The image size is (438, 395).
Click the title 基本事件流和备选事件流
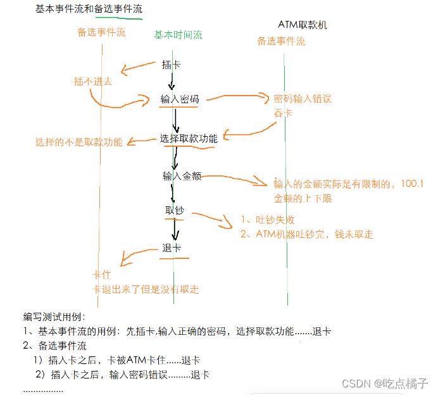tap(89, 9)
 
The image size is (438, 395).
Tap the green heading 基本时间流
tap(178, 35)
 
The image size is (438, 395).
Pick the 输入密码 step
tap(180, 99)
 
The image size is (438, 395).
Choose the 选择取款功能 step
tap(189, 139)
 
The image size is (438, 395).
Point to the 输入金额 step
tap(182, 177)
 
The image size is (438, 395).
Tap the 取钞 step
tap(174, 210)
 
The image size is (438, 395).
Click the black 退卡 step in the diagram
tap(172, 248)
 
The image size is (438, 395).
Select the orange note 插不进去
tap(93, 81)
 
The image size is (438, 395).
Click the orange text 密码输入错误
tap(302, 99)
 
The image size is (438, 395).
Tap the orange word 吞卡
tap(282, 113)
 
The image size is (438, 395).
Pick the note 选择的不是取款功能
tap(78, 142)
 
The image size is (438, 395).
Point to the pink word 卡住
tap(103, 276)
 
